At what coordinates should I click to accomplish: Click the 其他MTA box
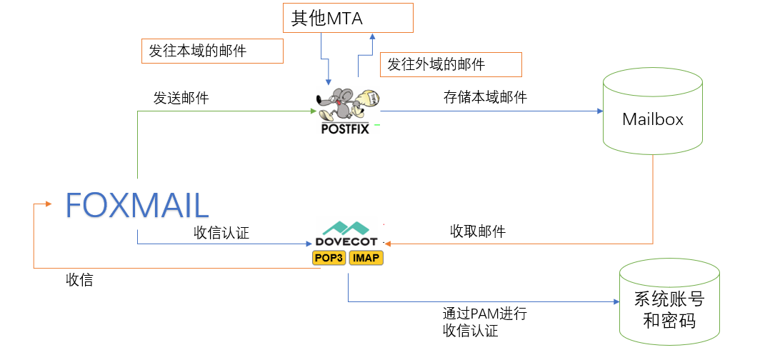(x=349, y=18)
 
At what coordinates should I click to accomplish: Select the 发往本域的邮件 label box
(x=212, y=51)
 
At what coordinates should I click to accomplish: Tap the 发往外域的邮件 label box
(x=450, y=64)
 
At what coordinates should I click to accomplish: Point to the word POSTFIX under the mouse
(x=345, y=130)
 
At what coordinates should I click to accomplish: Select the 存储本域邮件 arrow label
(x=485, y=98)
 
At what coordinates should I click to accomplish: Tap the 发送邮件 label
(x=181, y=99)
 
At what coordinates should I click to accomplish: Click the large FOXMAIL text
(x=137, y=205)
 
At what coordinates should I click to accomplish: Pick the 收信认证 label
(x=221, y=233)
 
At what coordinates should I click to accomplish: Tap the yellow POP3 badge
(x=329, y=258)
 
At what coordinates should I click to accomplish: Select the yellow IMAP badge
(x=366, y=258)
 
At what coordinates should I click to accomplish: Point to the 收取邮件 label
(x=478, y=231)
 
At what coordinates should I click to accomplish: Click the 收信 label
(x=79, y=281)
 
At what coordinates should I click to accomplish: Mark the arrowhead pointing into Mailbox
(x=599, y=111)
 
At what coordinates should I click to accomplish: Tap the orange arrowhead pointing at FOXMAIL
(x=48, y=204)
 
